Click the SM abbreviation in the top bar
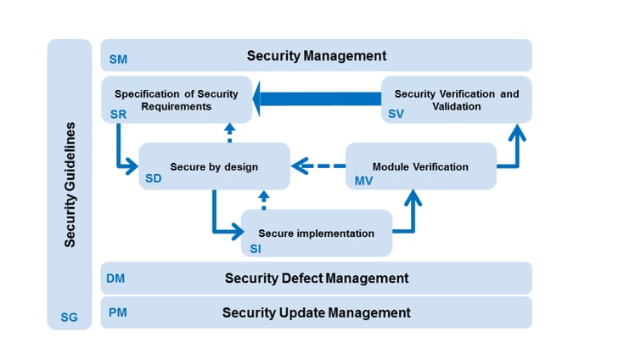[118, 61]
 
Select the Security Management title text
[317, 56]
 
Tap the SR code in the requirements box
[117, 113]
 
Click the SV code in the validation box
[396, 113]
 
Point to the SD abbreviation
[154, 178]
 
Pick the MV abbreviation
[363, 180]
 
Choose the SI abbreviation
[256, 248]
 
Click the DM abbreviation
[116, 278]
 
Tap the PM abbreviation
[118, 312]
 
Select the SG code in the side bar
[69, 318]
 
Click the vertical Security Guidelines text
[70, 185]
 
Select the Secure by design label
[214, 166]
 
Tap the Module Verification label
[420, 166]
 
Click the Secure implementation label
[316, 233]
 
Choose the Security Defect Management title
[317, 278]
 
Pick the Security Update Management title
[317, 312]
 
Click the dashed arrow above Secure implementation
[263, 200]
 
